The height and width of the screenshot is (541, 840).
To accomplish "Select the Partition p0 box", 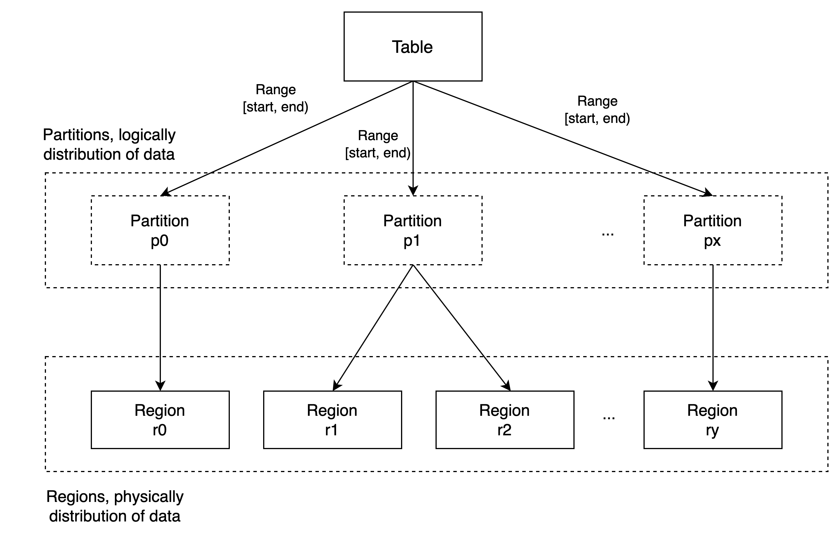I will click(160, 230).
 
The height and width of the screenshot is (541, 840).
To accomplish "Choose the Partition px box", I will click(712, 230).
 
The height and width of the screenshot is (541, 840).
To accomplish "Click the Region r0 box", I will click(160, 420).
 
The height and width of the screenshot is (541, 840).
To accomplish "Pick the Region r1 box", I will click(332, 420).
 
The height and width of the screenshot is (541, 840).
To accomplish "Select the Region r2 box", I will click(504, 420).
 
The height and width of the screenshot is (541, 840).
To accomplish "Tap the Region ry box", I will click(712, 420).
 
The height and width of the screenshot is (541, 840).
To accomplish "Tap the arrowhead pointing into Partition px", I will click(708, 193).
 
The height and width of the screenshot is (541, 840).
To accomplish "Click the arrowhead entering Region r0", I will click(160, 386).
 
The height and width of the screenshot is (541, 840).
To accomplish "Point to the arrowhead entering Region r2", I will click(506, 386).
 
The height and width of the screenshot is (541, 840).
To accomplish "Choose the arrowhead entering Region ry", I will click(713, 386).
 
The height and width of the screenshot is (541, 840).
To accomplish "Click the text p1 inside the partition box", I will click(412, 241).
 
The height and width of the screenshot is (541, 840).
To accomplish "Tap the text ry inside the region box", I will click(712, 431).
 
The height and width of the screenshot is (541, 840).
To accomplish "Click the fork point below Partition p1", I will click(413, 266).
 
